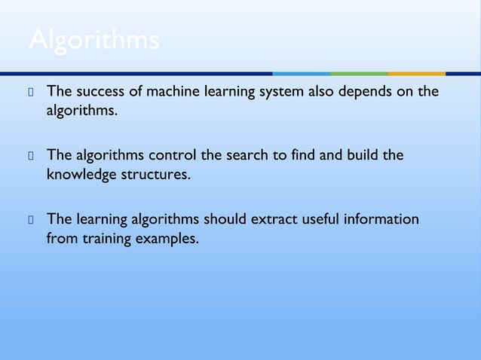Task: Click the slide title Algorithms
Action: tap(93, 41)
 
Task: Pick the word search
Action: tap(247, 155)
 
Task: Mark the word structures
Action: tap(159, 175)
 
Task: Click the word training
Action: tap(108, 239)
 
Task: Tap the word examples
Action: tap(170, 239)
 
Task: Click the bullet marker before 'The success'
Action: tap(32, 93)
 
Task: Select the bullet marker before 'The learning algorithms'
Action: tap(32, 220)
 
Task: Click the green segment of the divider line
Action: tap(359, 74)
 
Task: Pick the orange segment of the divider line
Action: tap(416, 74)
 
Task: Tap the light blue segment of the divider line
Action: tap(301, 74)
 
